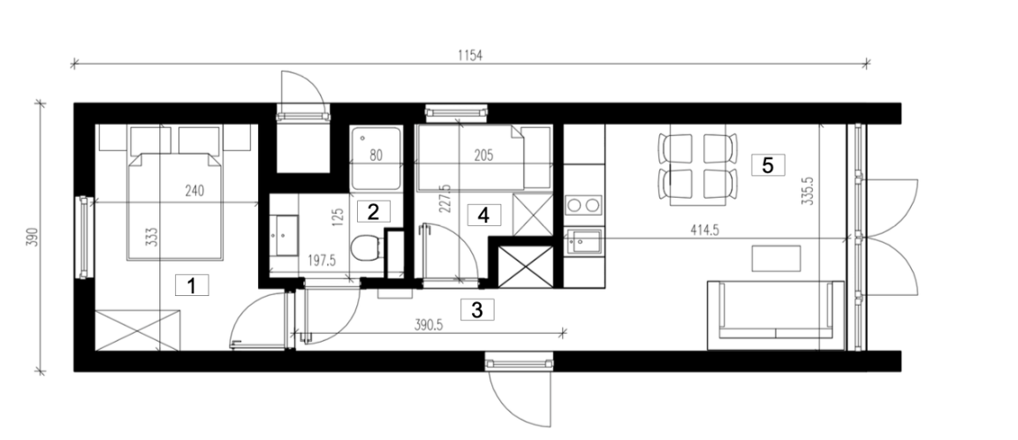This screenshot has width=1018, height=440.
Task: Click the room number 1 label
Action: click(x=192, y=285)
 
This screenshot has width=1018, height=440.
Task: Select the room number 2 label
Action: click(x=373, y=211)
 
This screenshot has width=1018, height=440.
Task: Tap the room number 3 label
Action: click(x=477, y=309)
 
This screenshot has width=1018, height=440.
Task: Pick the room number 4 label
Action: click(x=483, y=214)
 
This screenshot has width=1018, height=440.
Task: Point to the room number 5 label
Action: click(x=768, y=165)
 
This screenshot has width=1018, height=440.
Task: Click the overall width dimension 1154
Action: click(x=470, y=56)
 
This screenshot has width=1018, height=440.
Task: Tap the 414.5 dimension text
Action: click(x=703, y=231)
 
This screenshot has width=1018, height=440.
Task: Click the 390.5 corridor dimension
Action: click(x=429, y=326)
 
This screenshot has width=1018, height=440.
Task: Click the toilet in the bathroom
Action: click(x=365, y=248)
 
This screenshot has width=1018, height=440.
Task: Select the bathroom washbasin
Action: click(x=284, y=236)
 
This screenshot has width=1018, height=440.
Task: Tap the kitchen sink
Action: click(x=583, y=242)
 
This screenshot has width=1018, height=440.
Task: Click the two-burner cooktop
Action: click(x=583, y=206)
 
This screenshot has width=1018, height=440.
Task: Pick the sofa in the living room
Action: click(x=776, y=315)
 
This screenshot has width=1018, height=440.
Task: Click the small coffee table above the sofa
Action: click(x=777, y=258)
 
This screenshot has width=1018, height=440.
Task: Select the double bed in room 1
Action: click(x=175, y=207)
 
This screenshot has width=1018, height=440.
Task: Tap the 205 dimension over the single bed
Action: click(x=483, y=156)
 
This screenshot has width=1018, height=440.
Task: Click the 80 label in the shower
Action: click(x=376, y=156)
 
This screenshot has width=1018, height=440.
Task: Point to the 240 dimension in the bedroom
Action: click(x=194, y=191)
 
